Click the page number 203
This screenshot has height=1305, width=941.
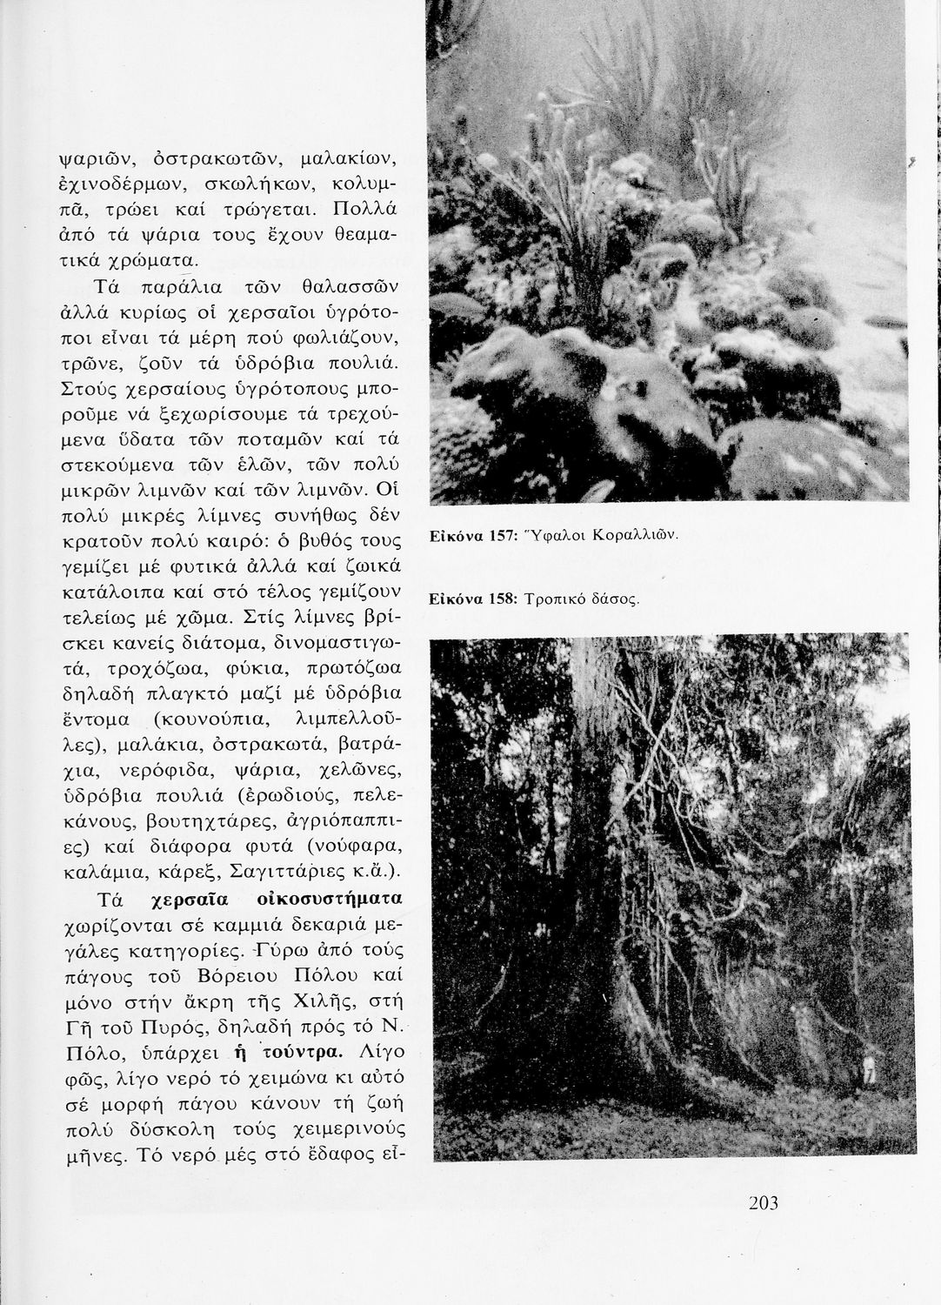click(762, 1203)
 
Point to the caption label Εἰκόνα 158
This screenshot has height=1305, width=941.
click(470, 599)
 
